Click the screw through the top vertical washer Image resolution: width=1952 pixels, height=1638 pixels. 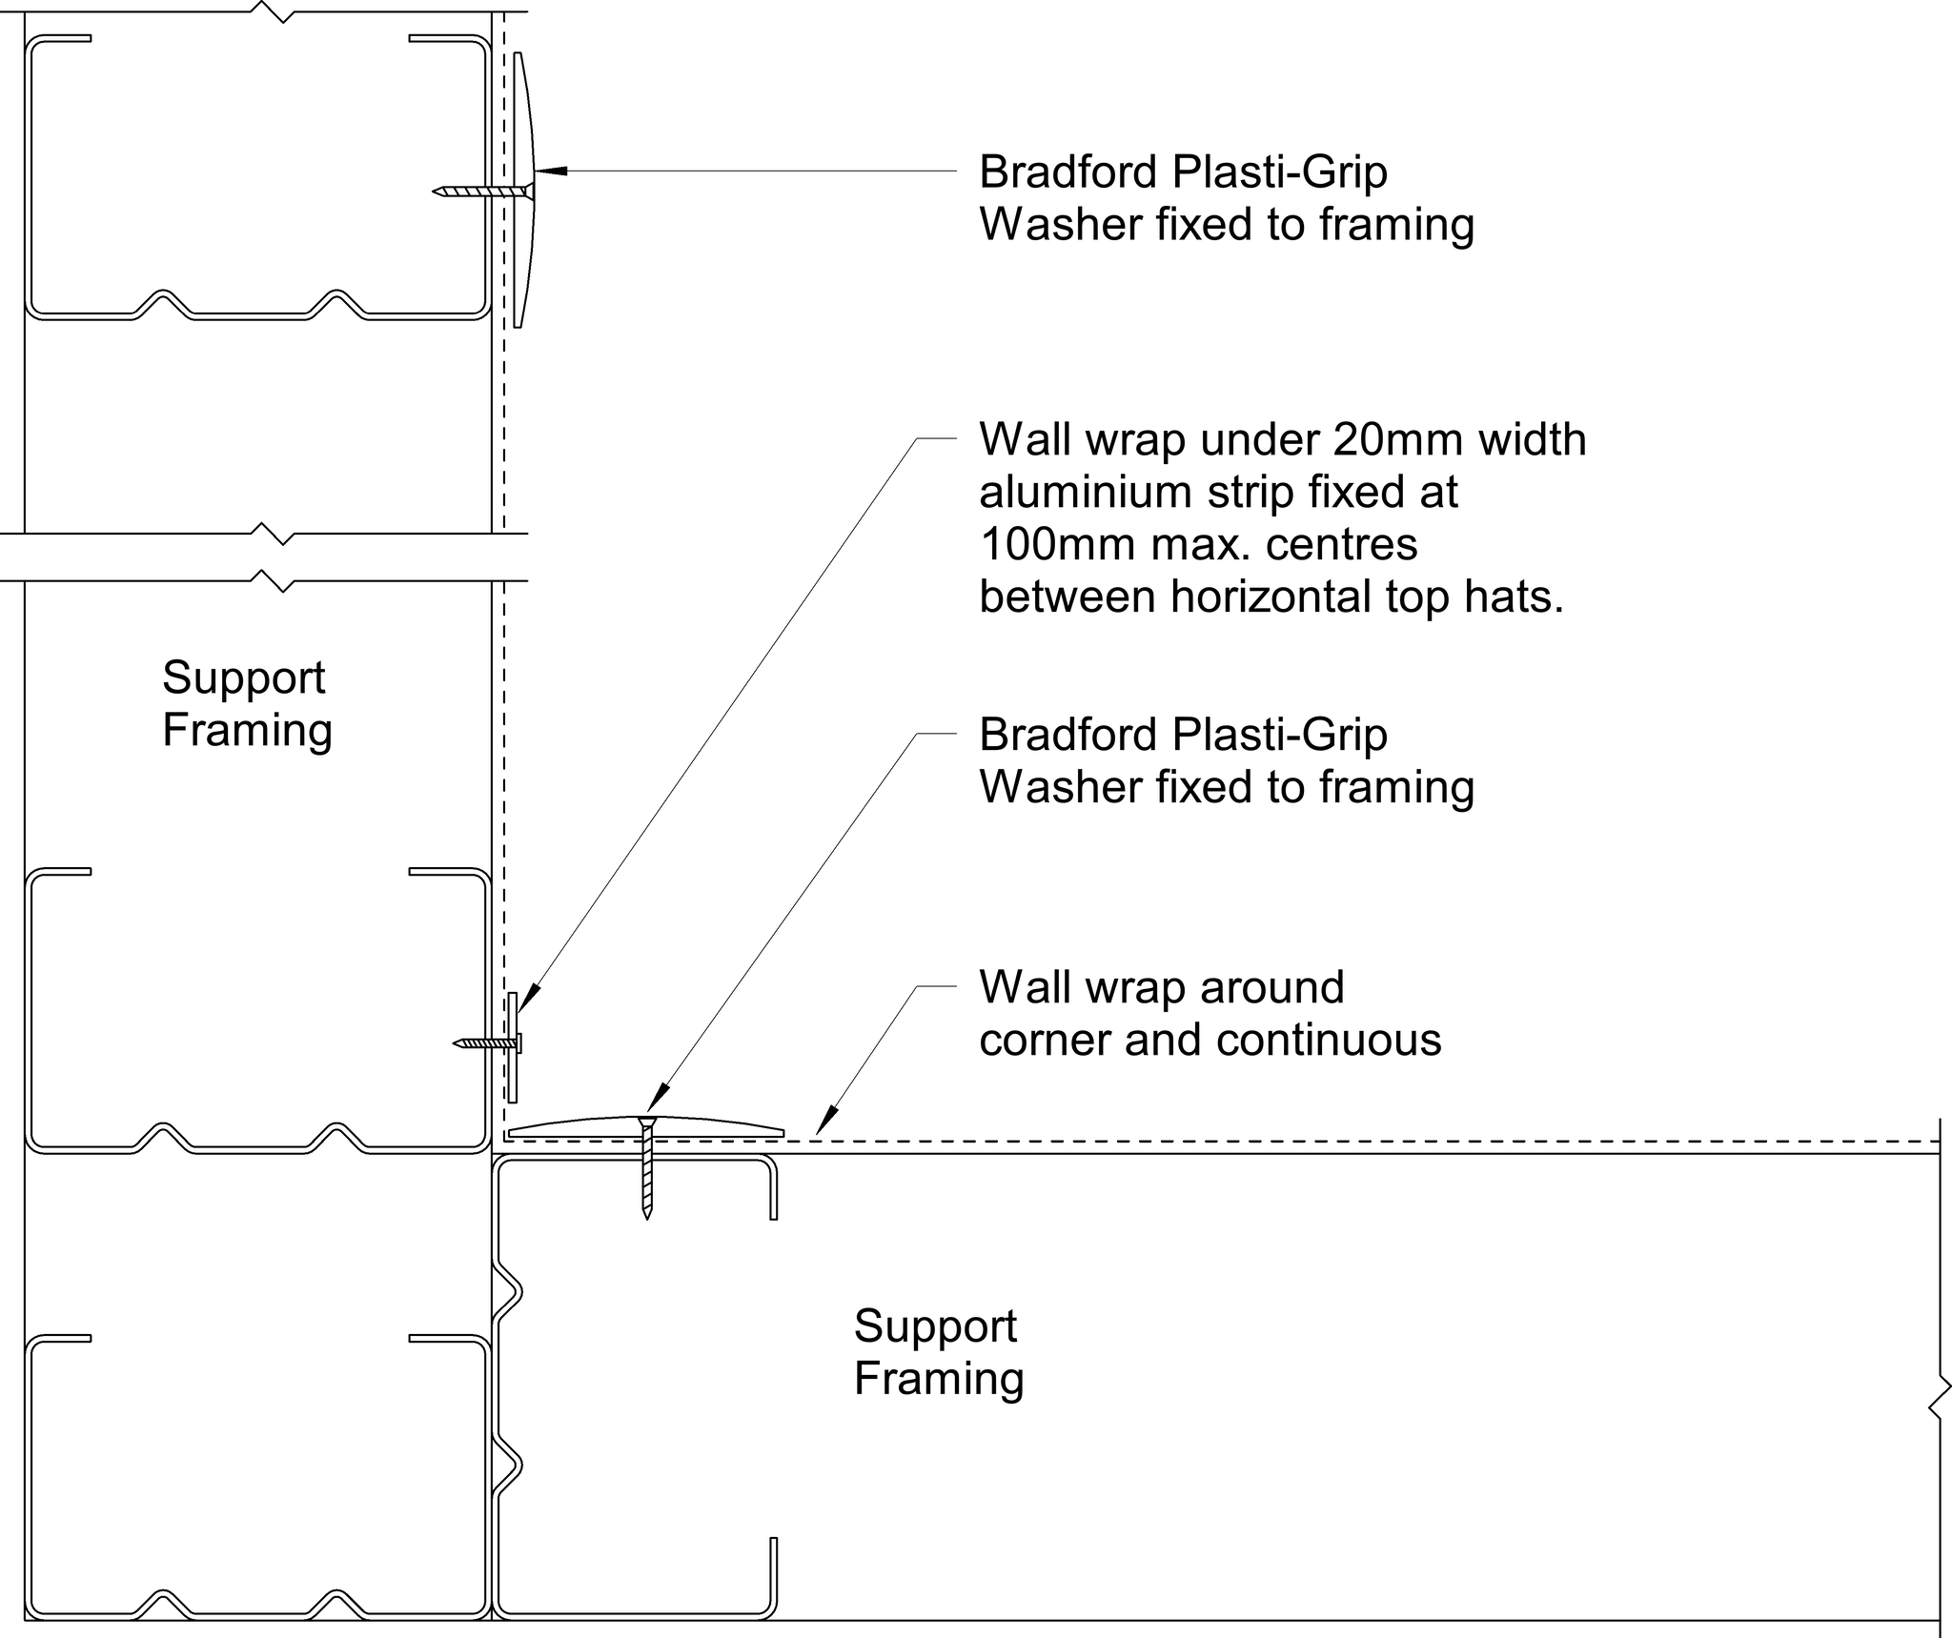coord(477,192)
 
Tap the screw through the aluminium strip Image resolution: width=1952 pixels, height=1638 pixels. coord(486,1043)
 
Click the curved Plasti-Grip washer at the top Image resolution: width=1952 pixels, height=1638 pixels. coord(523,191)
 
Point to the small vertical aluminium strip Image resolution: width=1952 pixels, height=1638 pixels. coord(513,1046)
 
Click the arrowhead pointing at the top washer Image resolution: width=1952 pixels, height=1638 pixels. coord(551,172)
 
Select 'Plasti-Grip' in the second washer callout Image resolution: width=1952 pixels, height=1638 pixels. coord(1279,735)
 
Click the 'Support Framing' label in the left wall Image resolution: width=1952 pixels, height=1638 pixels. coord(246,704)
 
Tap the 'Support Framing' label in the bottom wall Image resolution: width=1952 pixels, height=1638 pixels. coord(938,1352)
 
